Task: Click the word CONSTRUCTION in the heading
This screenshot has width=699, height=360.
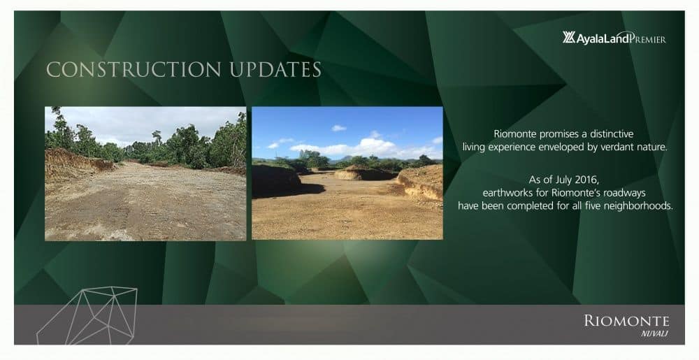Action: (134, 70)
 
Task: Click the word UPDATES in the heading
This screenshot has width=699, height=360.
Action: (275, 70)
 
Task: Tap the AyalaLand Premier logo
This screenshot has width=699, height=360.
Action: (614, 38)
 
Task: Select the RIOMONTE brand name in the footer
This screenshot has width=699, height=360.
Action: (626, 321)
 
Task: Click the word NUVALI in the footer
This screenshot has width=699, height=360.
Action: (654, 334)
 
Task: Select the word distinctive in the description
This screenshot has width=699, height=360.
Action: (612, 134)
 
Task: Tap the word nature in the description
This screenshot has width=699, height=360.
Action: (654, 147)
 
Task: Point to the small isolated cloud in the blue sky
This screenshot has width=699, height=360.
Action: (339, 129)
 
